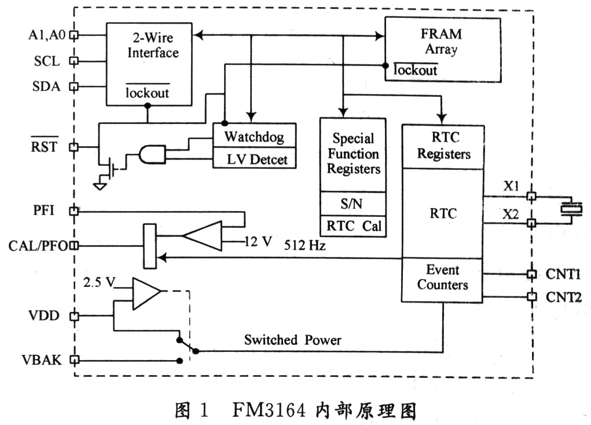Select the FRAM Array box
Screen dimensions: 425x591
(x=442, y=49)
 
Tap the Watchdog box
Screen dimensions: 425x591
(x=254, y=137)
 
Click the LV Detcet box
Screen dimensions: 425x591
(x=254, y=158)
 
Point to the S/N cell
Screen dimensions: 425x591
(x=353, y=204)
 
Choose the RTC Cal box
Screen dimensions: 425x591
(x=353, y=226)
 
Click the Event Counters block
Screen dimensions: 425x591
(x=443, y=278)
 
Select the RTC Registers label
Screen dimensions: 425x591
(x=443, y=146)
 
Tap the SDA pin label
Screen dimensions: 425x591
(x=46, y=86)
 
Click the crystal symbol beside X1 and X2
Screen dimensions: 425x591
(x=571, y=209)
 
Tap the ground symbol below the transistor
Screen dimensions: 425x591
(x=100, y=186)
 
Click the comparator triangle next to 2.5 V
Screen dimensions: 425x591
(x=145, y=292)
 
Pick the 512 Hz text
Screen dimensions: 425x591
(x=304, y=245)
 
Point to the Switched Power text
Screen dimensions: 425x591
(x=292, y=340)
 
